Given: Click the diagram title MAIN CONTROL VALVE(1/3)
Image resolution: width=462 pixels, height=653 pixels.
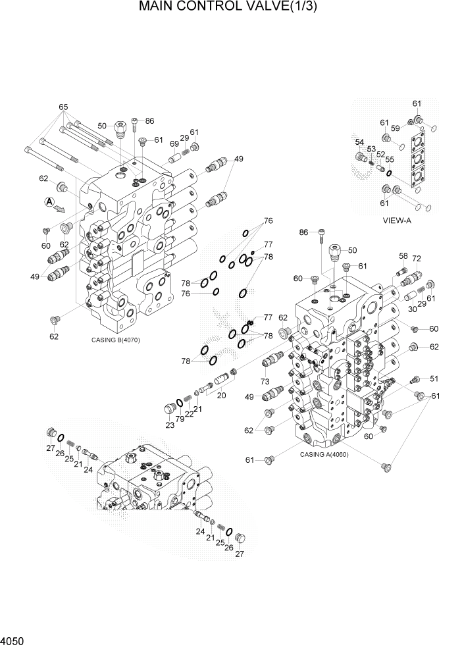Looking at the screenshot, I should pyautogui.click(x=231, y=9).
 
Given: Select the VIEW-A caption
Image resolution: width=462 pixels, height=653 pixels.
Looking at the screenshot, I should pyautogui.click(x=397, y=221).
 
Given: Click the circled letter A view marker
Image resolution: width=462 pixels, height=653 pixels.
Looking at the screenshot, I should pyautogui.click(x=48, y=203).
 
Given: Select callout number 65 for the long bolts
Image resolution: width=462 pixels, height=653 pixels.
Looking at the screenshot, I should pyautogui.click(x=63, y=107).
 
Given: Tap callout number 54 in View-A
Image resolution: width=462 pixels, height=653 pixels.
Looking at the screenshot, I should pyautogui.click(x=359, y=142).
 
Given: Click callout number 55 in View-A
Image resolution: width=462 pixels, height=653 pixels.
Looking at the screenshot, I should pyautogui.click(x=390, y=160).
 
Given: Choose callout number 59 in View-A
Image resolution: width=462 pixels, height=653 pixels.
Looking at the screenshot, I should pyautogui.click(x=396, y=128).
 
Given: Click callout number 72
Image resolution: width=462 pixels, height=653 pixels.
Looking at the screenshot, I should pyautogui.click(x=416, y=260).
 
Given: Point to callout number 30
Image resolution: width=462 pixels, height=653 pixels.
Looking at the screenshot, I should pyautogui.click(x=411, y=309).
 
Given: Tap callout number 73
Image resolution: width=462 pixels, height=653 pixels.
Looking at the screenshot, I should pyautogui.click(x=265, y=382).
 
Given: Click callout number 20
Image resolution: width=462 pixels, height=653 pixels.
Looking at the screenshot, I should pyautogui.click(x=221, y=396).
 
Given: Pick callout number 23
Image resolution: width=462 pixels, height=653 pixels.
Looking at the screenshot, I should pyautogui.click(x=170, y=426).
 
